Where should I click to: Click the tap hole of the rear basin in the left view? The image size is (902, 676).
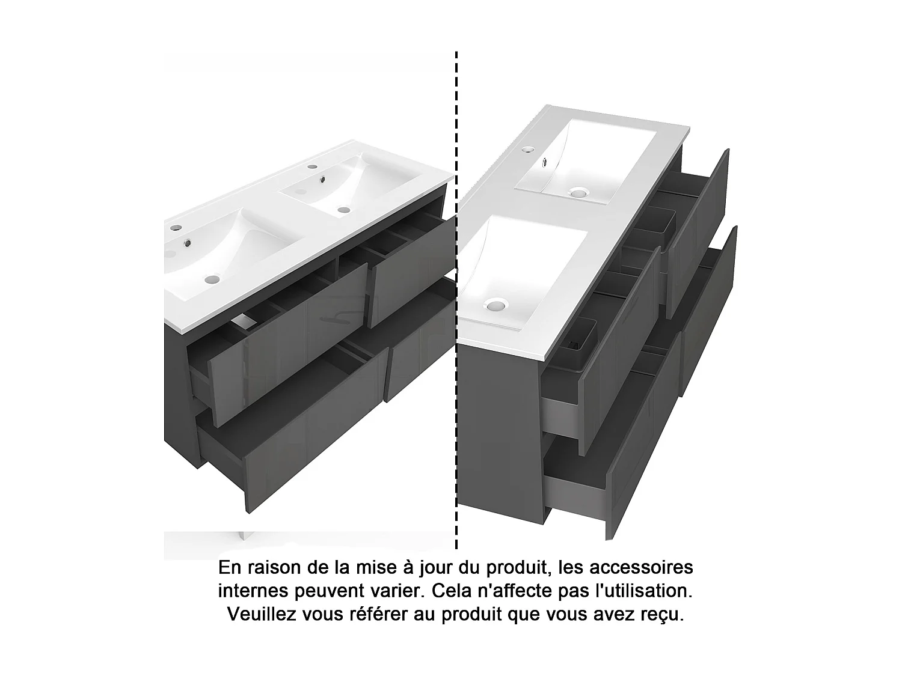(x=312, y=166)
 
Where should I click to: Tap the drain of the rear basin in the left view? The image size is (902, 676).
(x=344, y=210)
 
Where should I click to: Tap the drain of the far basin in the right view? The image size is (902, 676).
(x=578, y=192)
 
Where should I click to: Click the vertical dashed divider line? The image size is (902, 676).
(x=456, y=300)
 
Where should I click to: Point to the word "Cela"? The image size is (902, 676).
(x=452, y=591)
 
